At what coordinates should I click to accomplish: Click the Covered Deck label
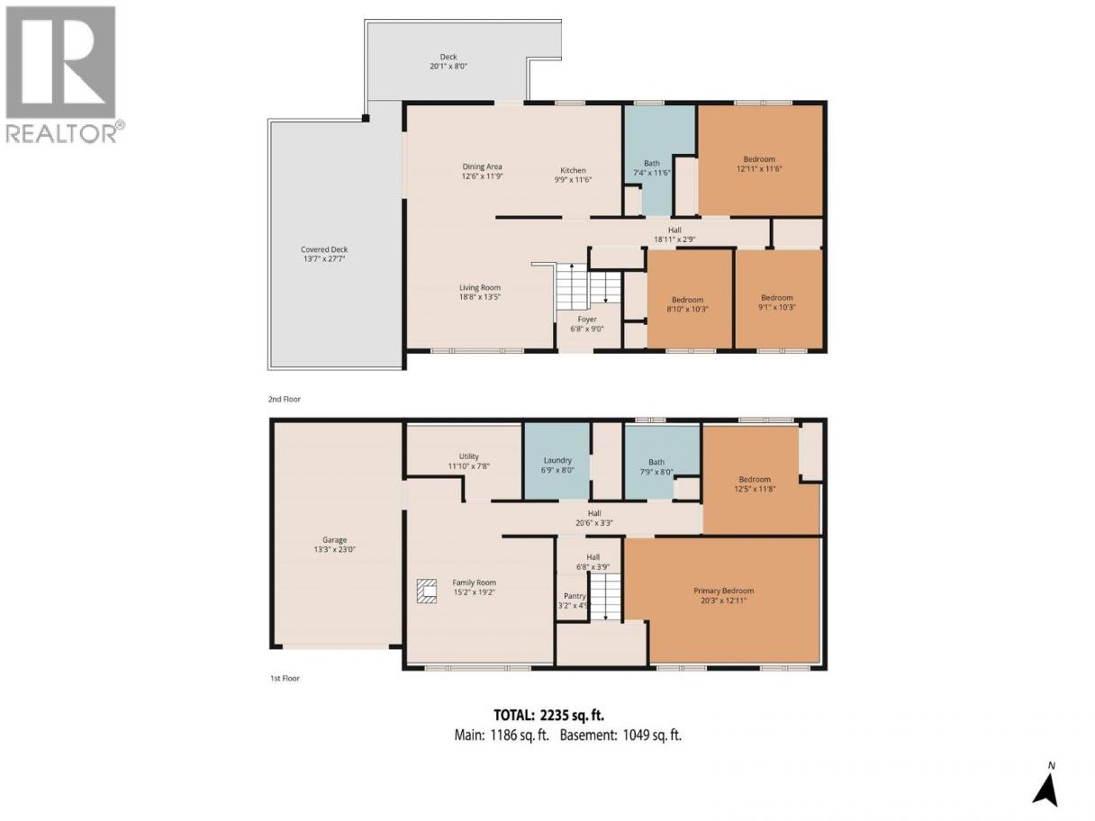(x=324, y=249)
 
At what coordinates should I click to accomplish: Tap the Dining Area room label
(x=482, y=167)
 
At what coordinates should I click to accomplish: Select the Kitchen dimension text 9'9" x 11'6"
(x=574, y=179)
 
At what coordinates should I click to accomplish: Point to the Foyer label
(x=587, y=319)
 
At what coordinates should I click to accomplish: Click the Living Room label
(x=480, y=288)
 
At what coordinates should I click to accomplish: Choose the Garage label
(x=334, y=540)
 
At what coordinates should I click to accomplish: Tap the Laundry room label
(x=557, y=461)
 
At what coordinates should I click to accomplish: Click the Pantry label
(x=575, y=596)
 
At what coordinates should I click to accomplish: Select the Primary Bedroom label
(x=723, y=591)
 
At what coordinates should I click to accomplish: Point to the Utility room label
(x=469, y=456)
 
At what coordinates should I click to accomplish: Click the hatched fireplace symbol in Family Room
(x=427, y=591)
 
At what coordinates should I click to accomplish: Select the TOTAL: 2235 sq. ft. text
(x=548, y=716)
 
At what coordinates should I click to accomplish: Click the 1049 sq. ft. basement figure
(x=653, y=735)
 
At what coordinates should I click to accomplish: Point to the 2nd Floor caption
(x=285, y=400)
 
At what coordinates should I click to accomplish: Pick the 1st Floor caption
(x=285, y=679)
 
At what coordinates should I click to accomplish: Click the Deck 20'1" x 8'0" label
(x=448, y=61)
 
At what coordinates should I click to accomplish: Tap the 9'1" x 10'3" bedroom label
(x=777, y=307)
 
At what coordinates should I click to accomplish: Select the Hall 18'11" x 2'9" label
(x=674, y=234)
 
